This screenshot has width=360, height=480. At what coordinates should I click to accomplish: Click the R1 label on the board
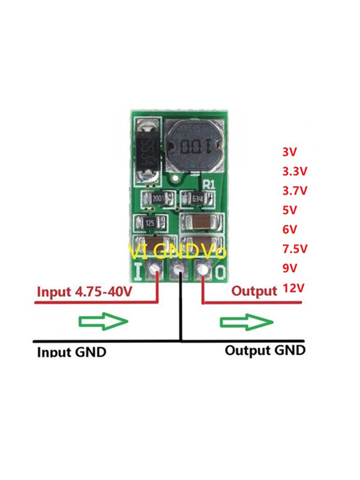210,184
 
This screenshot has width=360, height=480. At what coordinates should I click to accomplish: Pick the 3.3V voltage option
294,171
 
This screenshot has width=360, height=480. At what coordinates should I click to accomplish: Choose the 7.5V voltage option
294,249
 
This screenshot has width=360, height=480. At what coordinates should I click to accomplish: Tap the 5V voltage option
290,210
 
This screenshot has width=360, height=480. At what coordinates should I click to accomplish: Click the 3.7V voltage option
294,191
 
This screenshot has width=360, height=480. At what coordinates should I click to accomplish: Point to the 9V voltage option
290,268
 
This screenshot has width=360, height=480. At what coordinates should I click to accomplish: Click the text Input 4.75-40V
84,292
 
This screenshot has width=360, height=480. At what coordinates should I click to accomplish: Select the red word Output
254,291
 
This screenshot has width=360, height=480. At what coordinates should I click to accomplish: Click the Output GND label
265,350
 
